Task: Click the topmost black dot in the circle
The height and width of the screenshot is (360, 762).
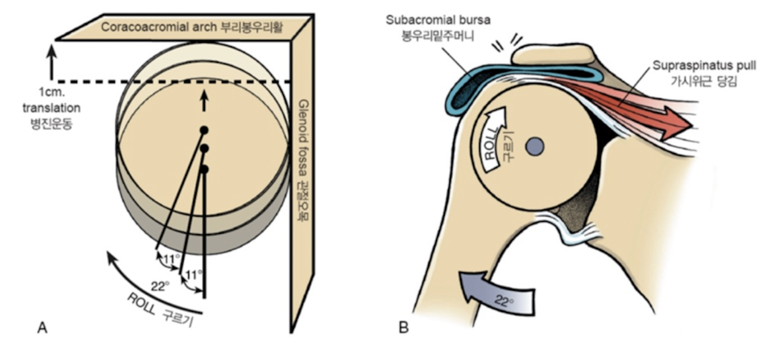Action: tap(204, 130)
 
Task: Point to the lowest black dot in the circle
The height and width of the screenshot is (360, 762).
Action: tap(204, 169)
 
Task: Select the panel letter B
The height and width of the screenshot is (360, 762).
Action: tap(404, 327)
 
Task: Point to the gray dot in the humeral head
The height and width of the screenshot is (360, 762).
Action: tap(535, 146)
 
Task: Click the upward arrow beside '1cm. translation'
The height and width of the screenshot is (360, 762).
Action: tap(50, 61)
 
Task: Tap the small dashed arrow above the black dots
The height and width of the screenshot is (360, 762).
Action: tap(204, 102)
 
